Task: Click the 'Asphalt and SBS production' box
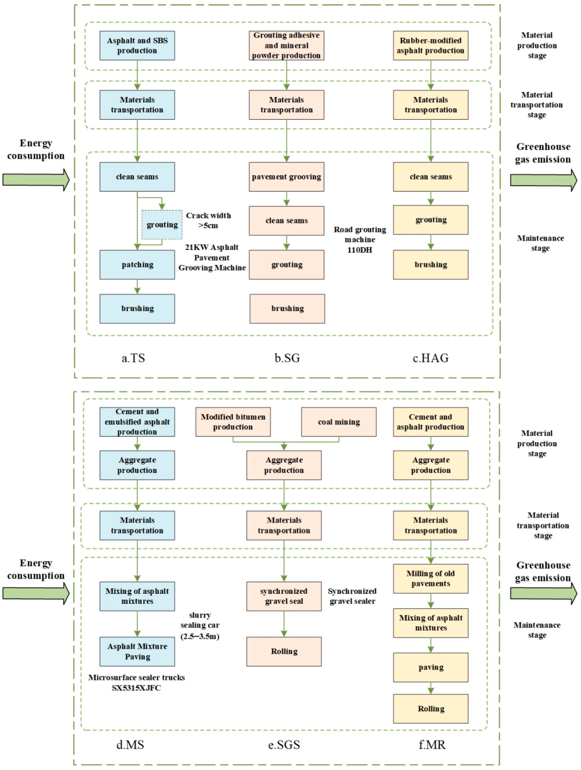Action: [x=137, y=46]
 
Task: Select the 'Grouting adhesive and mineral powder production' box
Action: [x=286, y=46]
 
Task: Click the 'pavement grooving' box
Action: [x=286, y=177]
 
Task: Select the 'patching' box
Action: [x=137, y=264]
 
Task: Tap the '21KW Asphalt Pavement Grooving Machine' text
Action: [x=212, y=258]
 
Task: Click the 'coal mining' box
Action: [x=338, y=422]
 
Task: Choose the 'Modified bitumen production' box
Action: [x=233, y=422]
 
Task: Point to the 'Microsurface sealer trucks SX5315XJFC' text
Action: [x=136, y=683]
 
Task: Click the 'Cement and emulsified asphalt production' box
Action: [x=137, y=422]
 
